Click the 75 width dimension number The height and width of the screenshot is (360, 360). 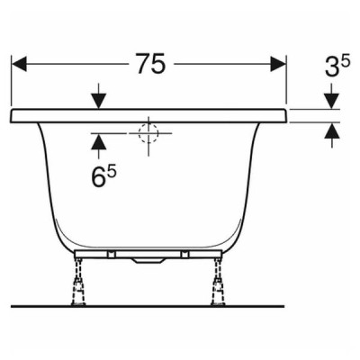[150, 63]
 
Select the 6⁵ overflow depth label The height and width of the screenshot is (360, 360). [103, 177]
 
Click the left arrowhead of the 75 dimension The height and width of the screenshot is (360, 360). [19, 63]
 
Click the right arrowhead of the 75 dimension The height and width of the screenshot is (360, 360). [278, 63]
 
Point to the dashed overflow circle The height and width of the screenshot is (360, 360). [148, 133]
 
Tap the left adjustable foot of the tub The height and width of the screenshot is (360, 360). [79, 282]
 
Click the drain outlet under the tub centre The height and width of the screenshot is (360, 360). [148, 261]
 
